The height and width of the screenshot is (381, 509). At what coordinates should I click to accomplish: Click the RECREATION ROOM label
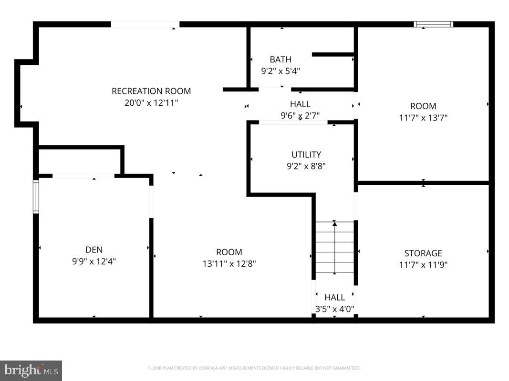pyautogui.click(x=151, y=91)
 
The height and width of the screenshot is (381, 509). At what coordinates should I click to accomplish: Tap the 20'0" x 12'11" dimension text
pyautogui.click(x=151, y=102)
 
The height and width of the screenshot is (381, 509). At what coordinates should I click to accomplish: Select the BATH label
pyautogui.click(x=280, y=60)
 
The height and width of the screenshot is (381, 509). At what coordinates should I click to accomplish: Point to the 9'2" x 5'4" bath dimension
pyautogui.click(x=280, y=70)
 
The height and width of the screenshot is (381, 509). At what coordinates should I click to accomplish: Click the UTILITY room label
pyautogui.click(x=306, y=154)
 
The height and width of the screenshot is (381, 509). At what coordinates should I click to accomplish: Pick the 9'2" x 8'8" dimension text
pyautogui.click(x=306, y=166)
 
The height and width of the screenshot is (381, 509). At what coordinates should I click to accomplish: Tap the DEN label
pyautogui.click(x=94, y=250)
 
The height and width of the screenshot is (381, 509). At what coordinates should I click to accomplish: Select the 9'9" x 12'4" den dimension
pyautogui.click(x=94, y=261)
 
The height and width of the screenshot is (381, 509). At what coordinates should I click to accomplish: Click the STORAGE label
pyautogui.click(x=423, y=253)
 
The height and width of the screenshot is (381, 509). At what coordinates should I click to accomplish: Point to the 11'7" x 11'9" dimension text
pyautogui.click(x=423, y=265)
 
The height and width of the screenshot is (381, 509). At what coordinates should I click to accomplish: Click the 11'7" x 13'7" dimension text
pyautogui.click(x=423, y=117)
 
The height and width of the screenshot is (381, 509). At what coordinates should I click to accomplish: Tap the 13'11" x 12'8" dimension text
pyautogui.click(x=229, y=263)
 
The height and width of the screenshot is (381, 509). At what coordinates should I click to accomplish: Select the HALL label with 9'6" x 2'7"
pyautogui.click(x=300, y=104)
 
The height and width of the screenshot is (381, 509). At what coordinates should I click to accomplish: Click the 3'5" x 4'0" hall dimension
pyautogui.click(x=334, y=309)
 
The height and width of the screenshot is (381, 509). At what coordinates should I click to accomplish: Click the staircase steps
pyautogui.click(x=335, y=250)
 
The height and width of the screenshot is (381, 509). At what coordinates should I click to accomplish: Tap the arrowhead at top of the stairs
pyautogui.click(x=335, y=223)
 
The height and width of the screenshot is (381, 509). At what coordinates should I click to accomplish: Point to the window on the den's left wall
pyautogui.click(x=35, y=196)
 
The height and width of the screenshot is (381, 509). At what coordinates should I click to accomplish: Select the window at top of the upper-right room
pyautogui.click(x=433, y=24)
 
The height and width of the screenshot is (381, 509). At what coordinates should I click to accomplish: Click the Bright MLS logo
pyautogui.click(x=31, y=370)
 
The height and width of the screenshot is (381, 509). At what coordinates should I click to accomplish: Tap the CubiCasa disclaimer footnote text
pyautogui.click(x=254, y=368)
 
